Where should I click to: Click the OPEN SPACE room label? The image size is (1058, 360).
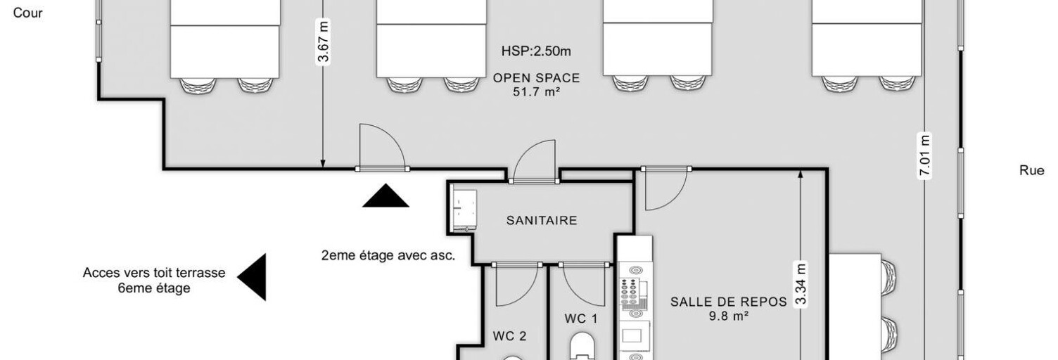(x=536, y=78)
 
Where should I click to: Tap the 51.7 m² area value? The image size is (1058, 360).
(x=536, y=91)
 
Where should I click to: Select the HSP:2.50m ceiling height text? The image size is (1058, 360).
(x=535, y=51)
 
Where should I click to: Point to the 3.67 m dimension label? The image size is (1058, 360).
(x=323, y=42)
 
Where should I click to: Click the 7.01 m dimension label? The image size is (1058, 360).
(x=924, y=155)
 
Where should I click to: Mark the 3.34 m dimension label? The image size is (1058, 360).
(x=800, y=284)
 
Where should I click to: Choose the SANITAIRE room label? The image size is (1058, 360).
(x=542, y=221)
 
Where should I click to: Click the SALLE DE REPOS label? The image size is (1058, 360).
(x=728, y=302)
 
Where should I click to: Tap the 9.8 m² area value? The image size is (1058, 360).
(x=728, y=316)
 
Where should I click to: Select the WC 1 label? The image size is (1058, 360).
(x=581, y=319)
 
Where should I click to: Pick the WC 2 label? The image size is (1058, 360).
(x=509, y=336)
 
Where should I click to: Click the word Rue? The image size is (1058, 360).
(x=1031, y=171)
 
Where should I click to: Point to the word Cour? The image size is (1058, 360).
(x=28, y=13)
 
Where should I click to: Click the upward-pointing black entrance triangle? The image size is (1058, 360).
(x=385, y=197)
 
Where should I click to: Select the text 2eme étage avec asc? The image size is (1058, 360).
(x=388, y=255)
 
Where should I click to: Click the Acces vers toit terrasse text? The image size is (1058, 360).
(x=154, y=273)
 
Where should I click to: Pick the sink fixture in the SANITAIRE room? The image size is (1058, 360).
(x=464, y=210)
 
